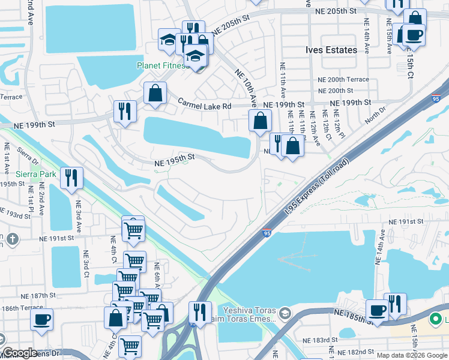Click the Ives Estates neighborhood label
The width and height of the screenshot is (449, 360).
331,50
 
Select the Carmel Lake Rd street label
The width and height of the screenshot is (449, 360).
204,106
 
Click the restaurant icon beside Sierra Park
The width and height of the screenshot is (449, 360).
71,178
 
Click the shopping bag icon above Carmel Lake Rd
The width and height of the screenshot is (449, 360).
155,93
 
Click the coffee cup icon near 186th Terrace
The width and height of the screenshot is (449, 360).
41,319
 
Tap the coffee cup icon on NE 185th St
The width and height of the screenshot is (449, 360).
376,310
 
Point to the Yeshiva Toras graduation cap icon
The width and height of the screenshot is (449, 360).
285,312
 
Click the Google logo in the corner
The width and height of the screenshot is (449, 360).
20,353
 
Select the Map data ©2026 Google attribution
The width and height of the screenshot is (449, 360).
411,355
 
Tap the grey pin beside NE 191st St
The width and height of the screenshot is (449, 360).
11,240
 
